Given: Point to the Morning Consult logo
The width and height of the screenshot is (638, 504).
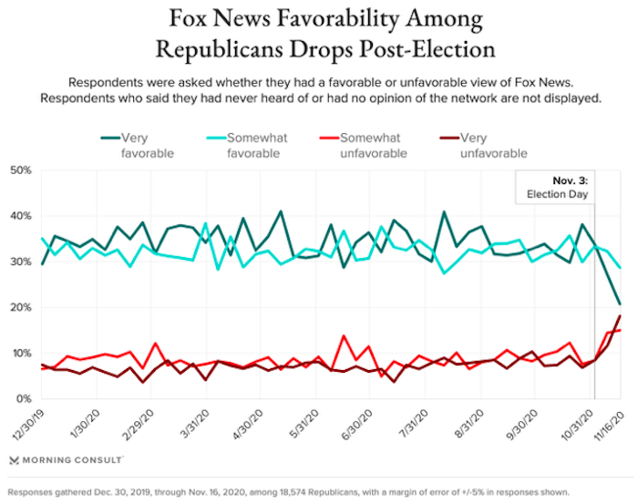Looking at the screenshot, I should click(x=60, y=460).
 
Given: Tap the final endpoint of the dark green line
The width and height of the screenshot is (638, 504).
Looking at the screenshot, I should click(x=621, y=304).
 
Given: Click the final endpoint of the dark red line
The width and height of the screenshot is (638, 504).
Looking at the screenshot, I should click(x=621, y=315).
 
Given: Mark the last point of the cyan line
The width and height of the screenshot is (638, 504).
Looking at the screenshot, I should click(x=621, y=267).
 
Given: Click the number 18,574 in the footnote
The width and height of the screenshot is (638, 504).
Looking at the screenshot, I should click(x=315, y=491).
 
